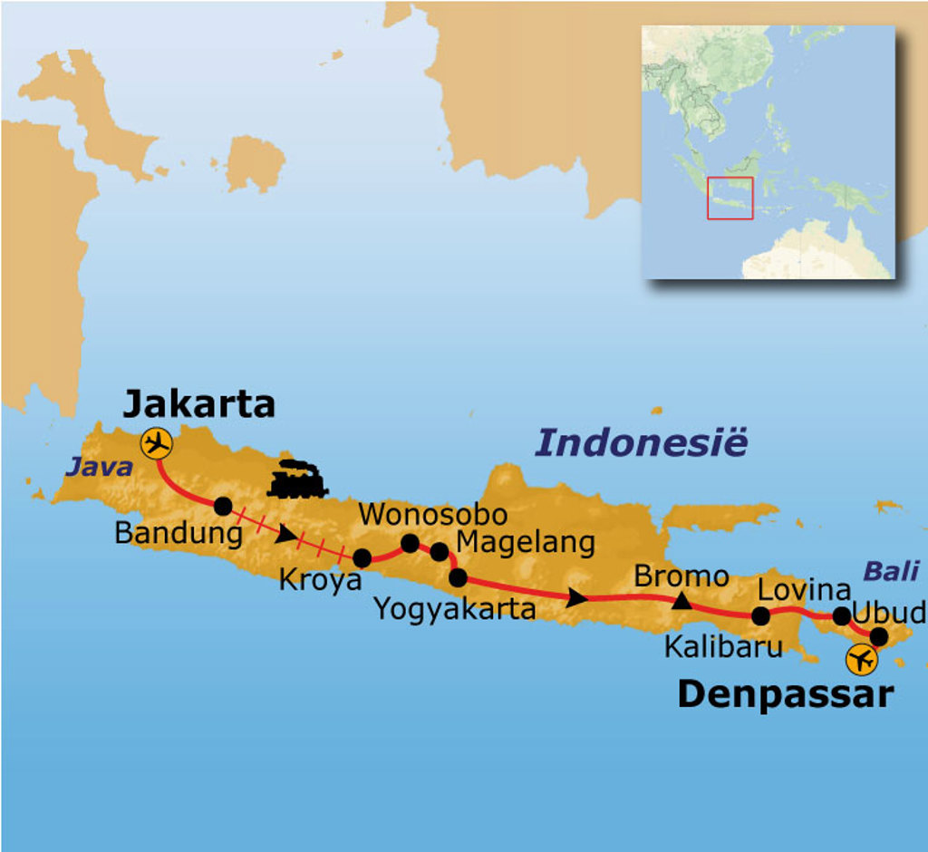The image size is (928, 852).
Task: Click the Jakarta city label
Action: pyautogui.click(x=198, y=404)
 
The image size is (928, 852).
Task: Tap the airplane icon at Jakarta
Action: pyautogui.click(x=157, y=444)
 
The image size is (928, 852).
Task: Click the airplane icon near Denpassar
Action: pyautogui.click(x=861, y=660)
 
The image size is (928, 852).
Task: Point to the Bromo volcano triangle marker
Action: pyautogui.click(x=681, y=599)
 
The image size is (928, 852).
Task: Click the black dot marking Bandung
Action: pyautogui.click(x=222, y=506)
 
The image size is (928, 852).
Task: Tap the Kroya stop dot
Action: pyautogui.click(x=362, y=558)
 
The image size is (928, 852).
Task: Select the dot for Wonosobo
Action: pyautogui.click(x=410, y=543)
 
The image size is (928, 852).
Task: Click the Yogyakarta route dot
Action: pyautogui.click(x=458, y=577)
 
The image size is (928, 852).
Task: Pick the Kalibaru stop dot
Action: pyautogui.click(x=760, y=616)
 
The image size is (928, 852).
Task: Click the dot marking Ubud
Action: pyautogui.click(x=878, y=636)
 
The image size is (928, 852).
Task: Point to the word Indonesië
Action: pyautogui.click(x=642, y=443)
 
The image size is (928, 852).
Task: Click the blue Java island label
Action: pyautogui.click(x=97, y=468)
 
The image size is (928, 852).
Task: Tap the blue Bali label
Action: pyautogui.click(x=890, y=571)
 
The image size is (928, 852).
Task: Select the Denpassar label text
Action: pyautogui.click(x=785, y=694)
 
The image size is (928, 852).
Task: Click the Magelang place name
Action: pyautogui.click(x=526, y=543)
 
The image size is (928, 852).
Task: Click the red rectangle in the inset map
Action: pyautogui.click(x=730, y=198)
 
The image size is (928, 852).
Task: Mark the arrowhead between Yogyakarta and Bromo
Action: pyautogui.click(x=576, y=597)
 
